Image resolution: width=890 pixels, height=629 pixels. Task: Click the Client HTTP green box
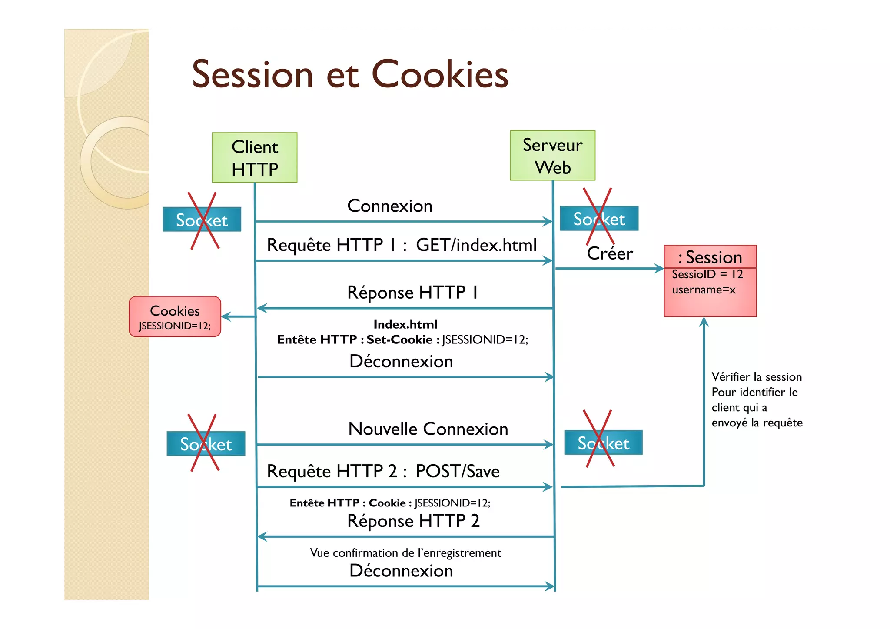coord(255,157)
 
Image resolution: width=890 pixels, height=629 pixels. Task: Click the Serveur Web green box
coord(552,155)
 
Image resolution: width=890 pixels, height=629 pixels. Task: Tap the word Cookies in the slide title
coord(440,74)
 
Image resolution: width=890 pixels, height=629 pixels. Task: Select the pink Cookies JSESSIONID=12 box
coord(175,316)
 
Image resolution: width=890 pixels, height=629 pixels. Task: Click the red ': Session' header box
coord(710,257)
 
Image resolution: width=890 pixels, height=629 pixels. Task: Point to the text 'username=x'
coord(704,290)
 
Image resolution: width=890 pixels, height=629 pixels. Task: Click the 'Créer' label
coord(610,253)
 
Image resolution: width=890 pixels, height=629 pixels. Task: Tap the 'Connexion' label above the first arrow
coord(390,206)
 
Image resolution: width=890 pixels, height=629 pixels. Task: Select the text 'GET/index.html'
coord(476,245)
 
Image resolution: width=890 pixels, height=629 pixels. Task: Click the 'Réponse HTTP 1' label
coord(413,292)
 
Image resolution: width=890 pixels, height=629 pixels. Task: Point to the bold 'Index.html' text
coord(405,324)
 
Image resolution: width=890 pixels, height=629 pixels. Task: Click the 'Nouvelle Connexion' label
coord(428,429)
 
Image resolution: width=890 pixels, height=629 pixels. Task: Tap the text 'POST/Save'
coord(458,471)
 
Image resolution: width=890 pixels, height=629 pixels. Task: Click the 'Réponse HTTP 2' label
coord(413,521)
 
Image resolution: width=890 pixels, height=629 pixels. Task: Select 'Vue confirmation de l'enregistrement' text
coord(405,553)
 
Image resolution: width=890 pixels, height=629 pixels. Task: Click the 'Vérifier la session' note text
coord(757,377)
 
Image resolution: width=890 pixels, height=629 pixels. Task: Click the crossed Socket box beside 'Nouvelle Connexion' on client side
coord(206,443)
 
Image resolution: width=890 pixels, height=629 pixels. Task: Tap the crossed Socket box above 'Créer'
coord(599,218)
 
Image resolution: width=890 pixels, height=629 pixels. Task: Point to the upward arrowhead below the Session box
coord(704,322)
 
